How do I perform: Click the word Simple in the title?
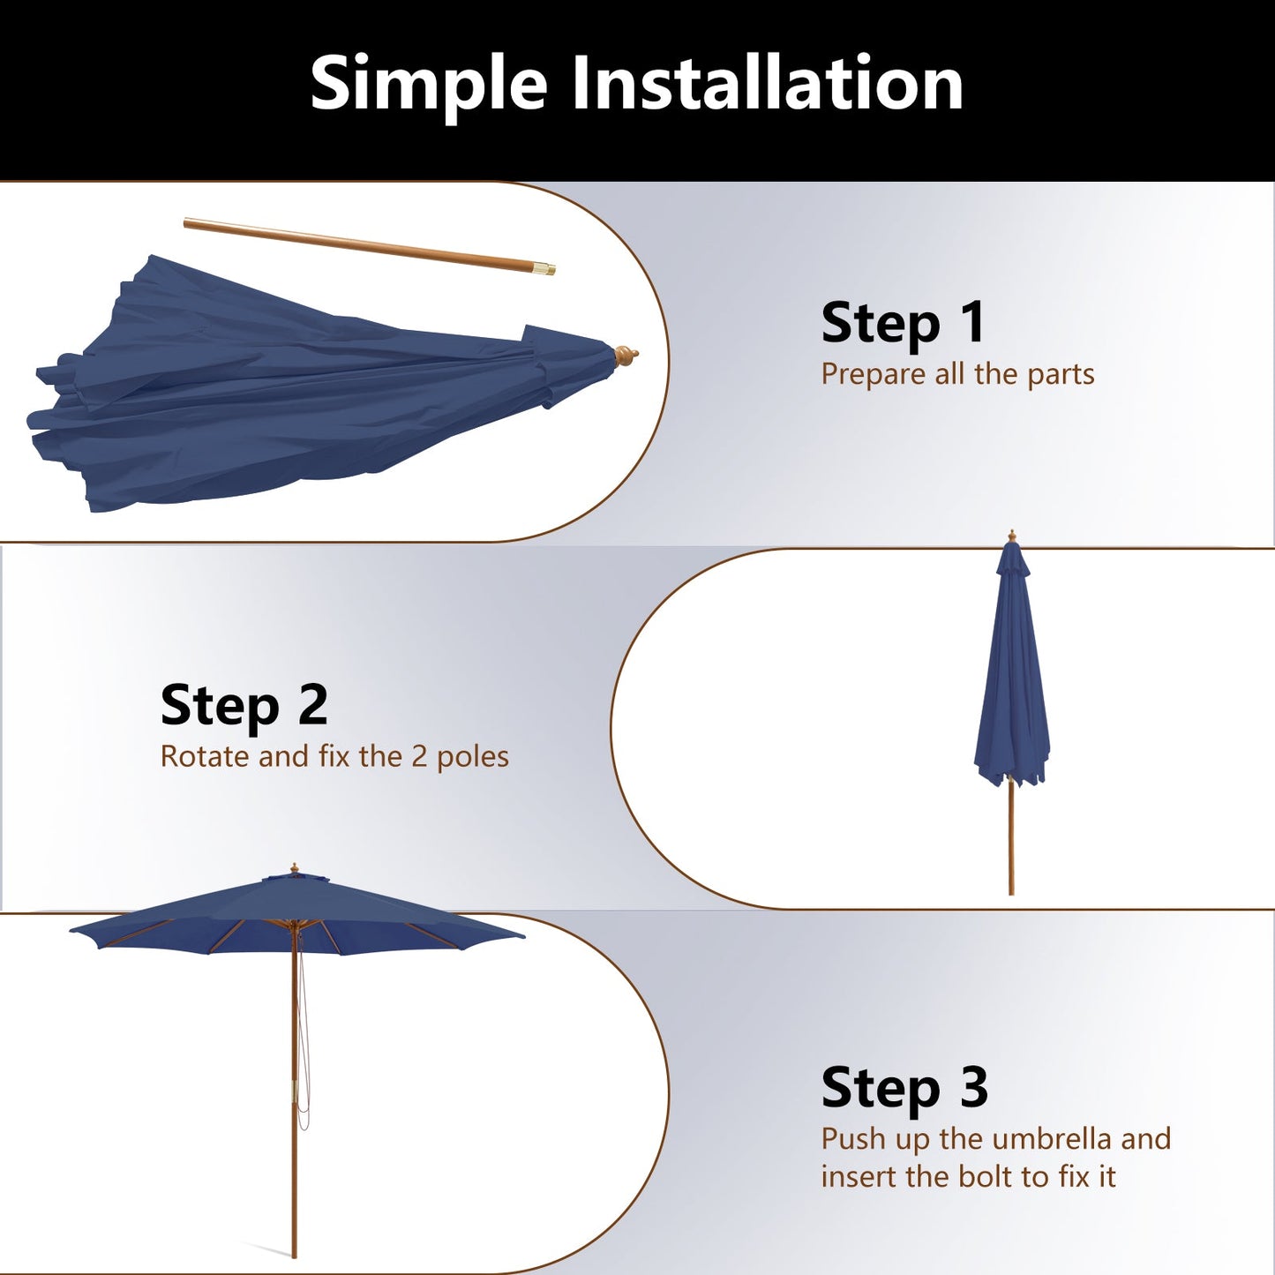tap(429, 84)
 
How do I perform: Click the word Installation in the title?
tap(767, 84)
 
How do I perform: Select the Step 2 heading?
tap(244, 706)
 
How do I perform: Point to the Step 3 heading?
tap(904, 1088)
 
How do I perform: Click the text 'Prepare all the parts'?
tap(957, 374)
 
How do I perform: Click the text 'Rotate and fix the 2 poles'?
tap(334, 757)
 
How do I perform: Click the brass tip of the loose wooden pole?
tap(546, 267)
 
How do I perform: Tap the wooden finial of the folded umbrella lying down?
tap(626, 356)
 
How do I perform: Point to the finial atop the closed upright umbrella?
tap(1012, 536)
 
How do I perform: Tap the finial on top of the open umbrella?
tap(295, 868)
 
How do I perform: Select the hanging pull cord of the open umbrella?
tap(304, 1059)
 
